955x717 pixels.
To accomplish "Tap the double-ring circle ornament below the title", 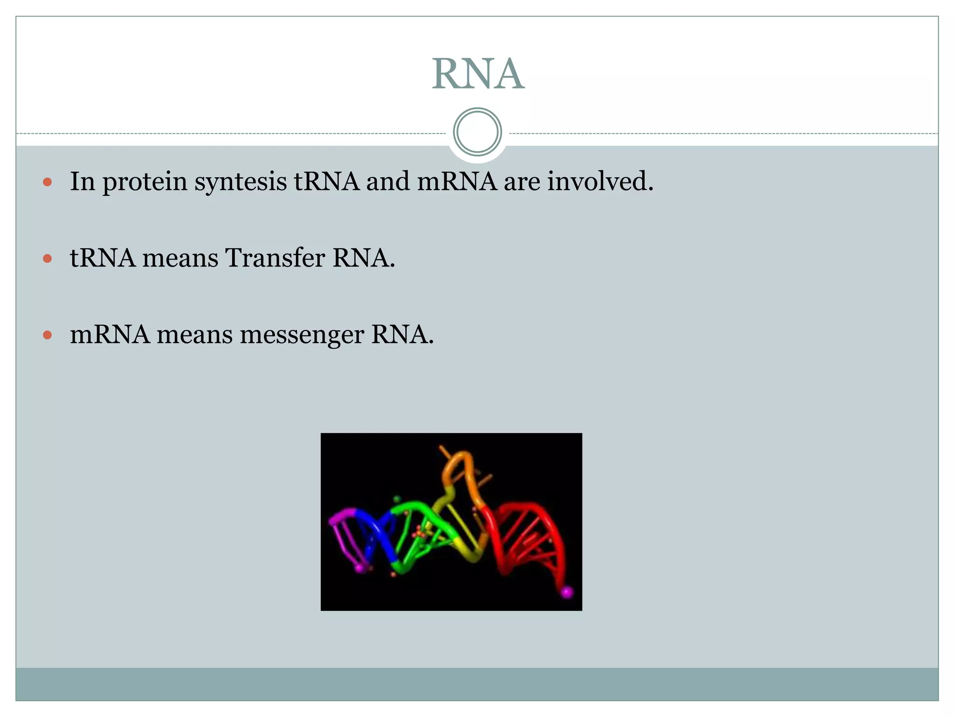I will [477, 132].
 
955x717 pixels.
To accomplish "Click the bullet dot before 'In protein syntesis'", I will [47, 182].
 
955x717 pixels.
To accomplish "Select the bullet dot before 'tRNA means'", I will [47, 258].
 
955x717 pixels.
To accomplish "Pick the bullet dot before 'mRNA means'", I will [47, 335].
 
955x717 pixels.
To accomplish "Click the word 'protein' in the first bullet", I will [145, 182].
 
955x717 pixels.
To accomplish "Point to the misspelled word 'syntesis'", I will [241, 182].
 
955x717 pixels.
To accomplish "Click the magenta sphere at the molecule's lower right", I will [567, 592].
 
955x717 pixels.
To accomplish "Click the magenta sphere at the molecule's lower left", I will [360, 568].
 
